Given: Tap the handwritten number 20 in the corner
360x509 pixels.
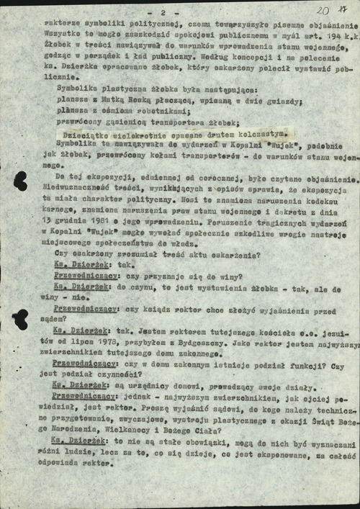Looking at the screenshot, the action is pyautogui.click(x=323, y=11).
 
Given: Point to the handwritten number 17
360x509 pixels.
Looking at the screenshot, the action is pyautogui.click(x=344, y=10).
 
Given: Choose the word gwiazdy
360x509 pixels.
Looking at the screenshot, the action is pyautogui.click(x=284, y=102).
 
